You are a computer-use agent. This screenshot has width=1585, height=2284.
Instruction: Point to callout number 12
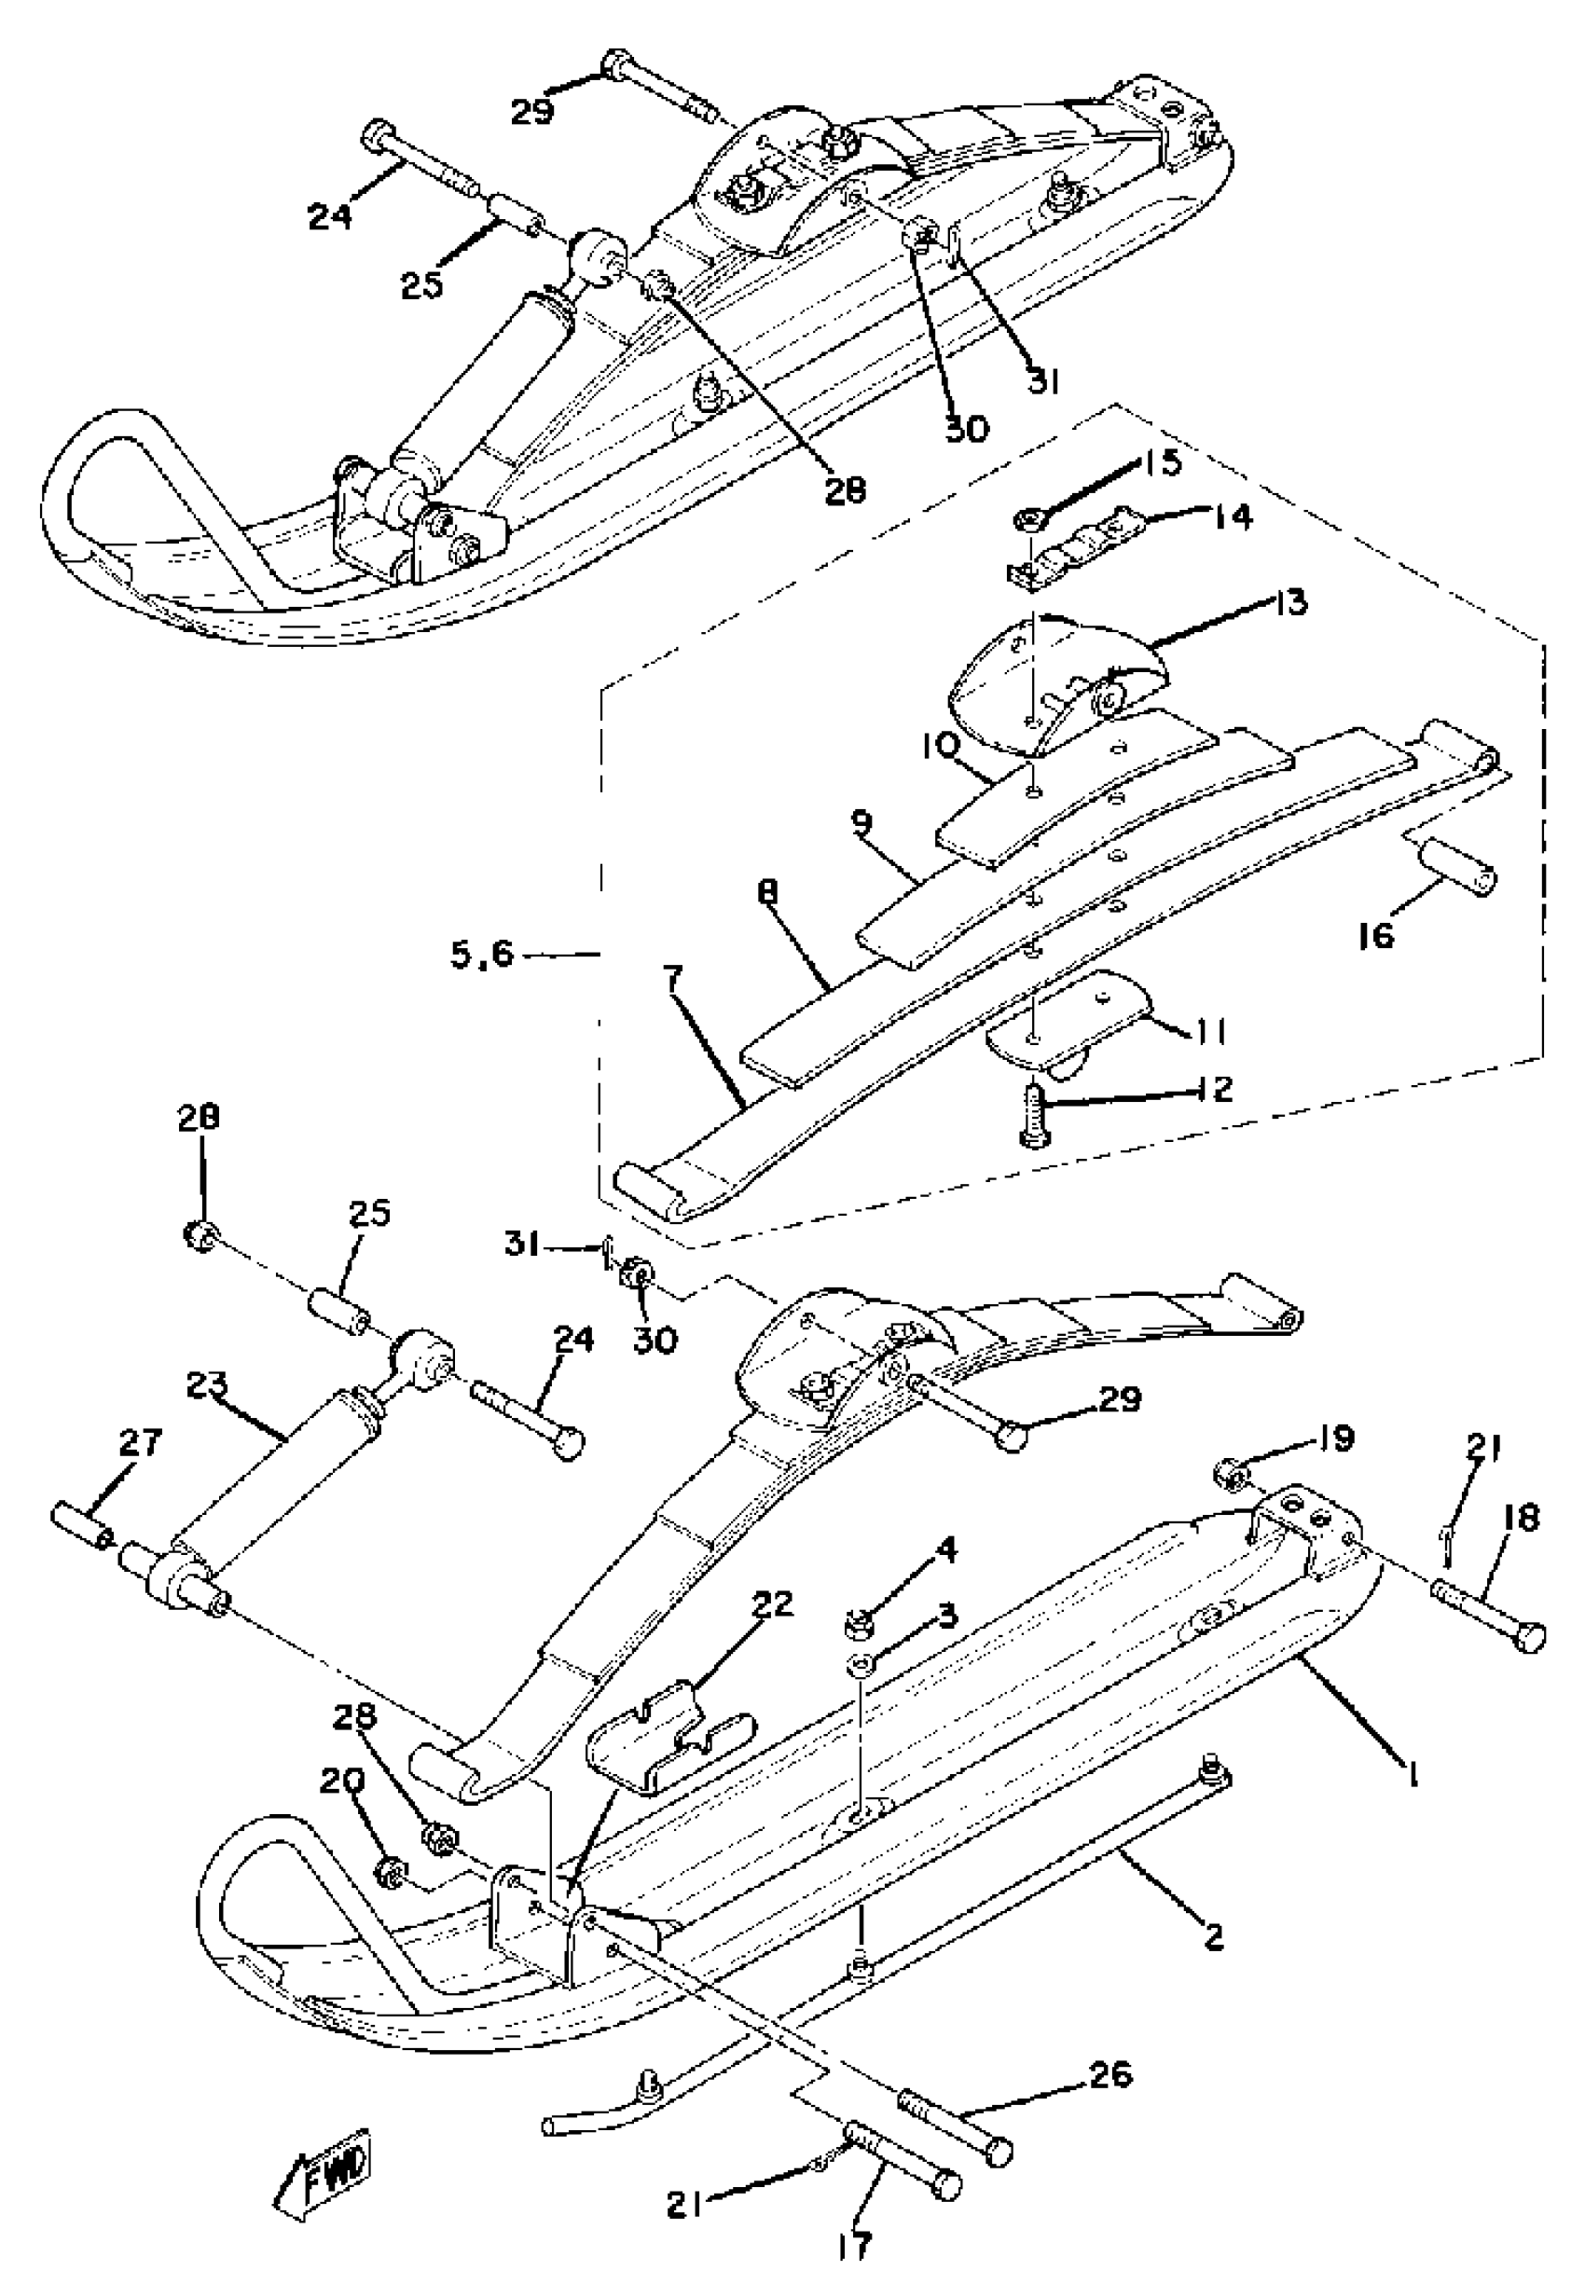1218,1088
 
